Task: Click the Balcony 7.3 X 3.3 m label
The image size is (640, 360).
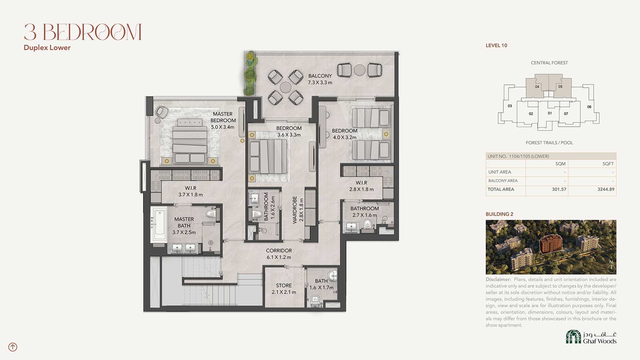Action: [x=320, y=79]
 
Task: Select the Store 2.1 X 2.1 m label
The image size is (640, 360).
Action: [x=284, y=289]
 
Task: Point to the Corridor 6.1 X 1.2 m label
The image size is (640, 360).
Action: [x=279, y=254]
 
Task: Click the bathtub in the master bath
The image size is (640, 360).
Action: [x=159, y=225]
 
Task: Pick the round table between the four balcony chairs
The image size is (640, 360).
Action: [x=285, y=87]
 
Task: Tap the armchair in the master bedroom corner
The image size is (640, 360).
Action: [x=162, y=112]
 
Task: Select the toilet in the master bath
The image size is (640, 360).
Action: [x=211, y=213]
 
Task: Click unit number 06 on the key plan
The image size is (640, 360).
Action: [x=589, y=107]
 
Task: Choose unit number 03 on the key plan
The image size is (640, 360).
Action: [x=510, y=106]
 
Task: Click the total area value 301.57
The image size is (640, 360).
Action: [x=559, y=189]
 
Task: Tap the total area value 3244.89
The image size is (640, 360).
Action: [x=606, y=189]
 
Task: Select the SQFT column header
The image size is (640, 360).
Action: [x=608, y=164]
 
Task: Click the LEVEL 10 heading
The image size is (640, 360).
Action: [x=496, y=45]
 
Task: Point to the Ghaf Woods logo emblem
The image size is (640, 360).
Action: [x=573, y=337]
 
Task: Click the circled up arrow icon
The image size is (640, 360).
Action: [x=13, y=347]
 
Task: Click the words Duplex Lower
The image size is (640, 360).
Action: [x=47, y=48]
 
